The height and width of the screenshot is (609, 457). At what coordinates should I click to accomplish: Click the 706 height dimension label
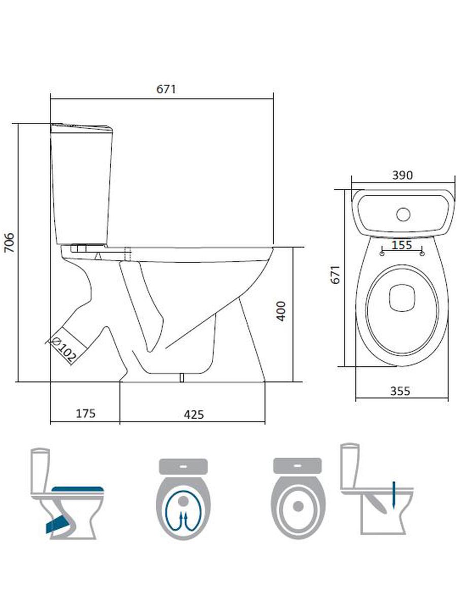tap(9, 243)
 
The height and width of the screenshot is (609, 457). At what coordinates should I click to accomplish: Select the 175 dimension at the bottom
tap(86, 414)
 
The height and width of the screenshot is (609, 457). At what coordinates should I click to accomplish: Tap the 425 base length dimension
tap(193, 415)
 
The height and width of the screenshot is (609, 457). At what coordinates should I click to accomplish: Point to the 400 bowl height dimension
tap(281, 311)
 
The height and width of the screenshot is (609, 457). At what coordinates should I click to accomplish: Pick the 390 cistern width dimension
tap(402, 175)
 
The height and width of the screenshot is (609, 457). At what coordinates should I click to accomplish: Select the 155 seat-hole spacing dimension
tap(402, 245)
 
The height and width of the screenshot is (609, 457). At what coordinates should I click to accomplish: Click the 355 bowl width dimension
tap(400, 391)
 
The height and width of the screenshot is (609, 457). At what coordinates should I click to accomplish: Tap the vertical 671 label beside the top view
tap(335, 275)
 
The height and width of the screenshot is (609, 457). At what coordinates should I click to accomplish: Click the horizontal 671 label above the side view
tap(166, 89)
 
